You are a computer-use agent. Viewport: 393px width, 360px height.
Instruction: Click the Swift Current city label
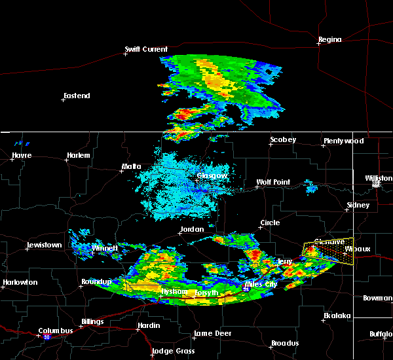point(147,49)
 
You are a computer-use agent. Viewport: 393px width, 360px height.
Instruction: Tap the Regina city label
point(329,40)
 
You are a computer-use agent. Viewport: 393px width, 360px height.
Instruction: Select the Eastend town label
point(77,96)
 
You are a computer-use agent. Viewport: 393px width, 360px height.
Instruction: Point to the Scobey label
point(283,140)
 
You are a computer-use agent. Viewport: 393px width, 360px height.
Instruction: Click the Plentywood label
point(343,141)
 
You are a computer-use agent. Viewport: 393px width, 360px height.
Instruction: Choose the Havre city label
point(22,156)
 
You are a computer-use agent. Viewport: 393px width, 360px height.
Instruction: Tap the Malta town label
point(131,167)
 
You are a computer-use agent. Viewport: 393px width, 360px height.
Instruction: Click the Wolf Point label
point(272,183)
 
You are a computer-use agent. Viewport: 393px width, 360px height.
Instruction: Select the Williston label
point(379,178)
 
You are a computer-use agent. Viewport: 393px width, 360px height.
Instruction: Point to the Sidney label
point(358,206)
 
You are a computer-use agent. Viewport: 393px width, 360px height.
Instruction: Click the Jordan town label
point(191,230)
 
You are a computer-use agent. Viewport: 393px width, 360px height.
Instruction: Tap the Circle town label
point(269,223)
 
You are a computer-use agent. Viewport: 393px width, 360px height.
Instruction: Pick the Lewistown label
point(44,245)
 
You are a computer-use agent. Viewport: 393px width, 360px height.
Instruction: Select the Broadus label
point(285,344)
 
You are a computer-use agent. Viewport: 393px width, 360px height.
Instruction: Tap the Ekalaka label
point(337,316)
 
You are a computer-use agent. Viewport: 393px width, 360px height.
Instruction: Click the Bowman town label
point(377,298)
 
